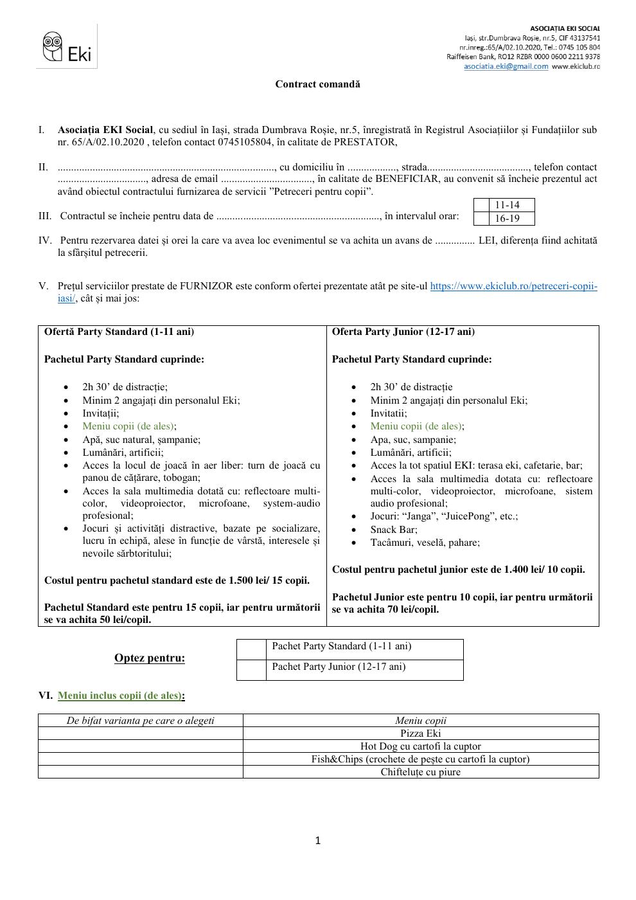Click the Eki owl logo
[x=66, y=48]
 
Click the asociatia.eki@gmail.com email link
[x=506, y=66]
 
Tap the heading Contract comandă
[x=317, y=84]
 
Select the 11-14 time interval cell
[x=507, y=205]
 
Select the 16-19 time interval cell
[x=507, y=219]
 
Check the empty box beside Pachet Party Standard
[x=251, y=649]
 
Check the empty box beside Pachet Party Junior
[x=251, y=670]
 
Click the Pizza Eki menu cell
[x=420, y=733]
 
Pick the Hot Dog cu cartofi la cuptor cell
[x=420, y=746]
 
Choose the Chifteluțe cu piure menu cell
[x=420, y=772]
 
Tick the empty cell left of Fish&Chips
[x=140, y=759]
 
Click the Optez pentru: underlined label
[x=149, y=658]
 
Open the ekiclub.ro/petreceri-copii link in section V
[x=513, y=287]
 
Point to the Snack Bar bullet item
[x=393, y=530]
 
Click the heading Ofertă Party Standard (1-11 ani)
[x=119, y=332]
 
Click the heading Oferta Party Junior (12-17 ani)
[x=403, y=332]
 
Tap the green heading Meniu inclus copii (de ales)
[x=119, y=696]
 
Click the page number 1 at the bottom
[x=318, y=841]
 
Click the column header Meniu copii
[x=420, y=721]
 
